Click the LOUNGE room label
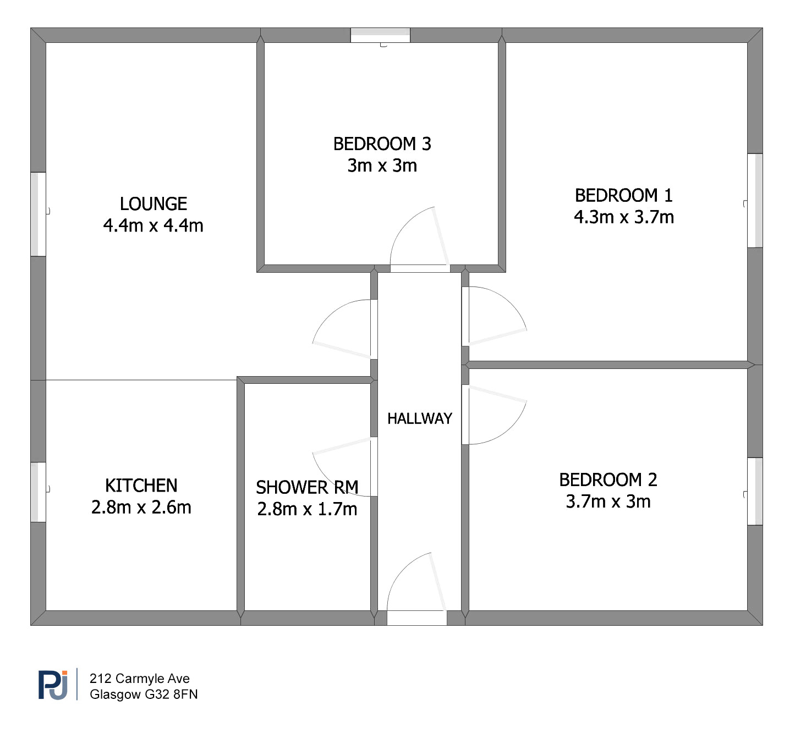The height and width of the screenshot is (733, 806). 153,204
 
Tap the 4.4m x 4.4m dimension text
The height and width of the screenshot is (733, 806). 153,225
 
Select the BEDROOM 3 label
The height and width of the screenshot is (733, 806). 382,144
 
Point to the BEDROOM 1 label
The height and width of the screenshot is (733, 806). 623,196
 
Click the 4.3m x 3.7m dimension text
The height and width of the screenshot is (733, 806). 623,217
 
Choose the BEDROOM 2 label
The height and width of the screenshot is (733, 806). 608,480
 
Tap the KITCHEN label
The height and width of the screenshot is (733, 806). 141,486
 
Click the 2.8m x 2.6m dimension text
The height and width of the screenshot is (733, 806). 141,508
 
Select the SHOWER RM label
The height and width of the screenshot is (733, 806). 307,488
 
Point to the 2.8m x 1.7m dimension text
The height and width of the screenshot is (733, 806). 307,509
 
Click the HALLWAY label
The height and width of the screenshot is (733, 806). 419,419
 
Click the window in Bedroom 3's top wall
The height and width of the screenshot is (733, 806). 380,35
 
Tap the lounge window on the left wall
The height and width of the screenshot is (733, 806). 38,214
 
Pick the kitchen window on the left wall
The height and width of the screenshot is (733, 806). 38,492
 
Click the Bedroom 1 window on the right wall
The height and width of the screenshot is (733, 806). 755,200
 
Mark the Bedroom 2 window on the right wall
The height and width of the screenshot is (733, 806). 755,491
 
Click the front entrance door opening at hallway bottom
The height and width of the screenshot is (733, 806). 416,618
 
